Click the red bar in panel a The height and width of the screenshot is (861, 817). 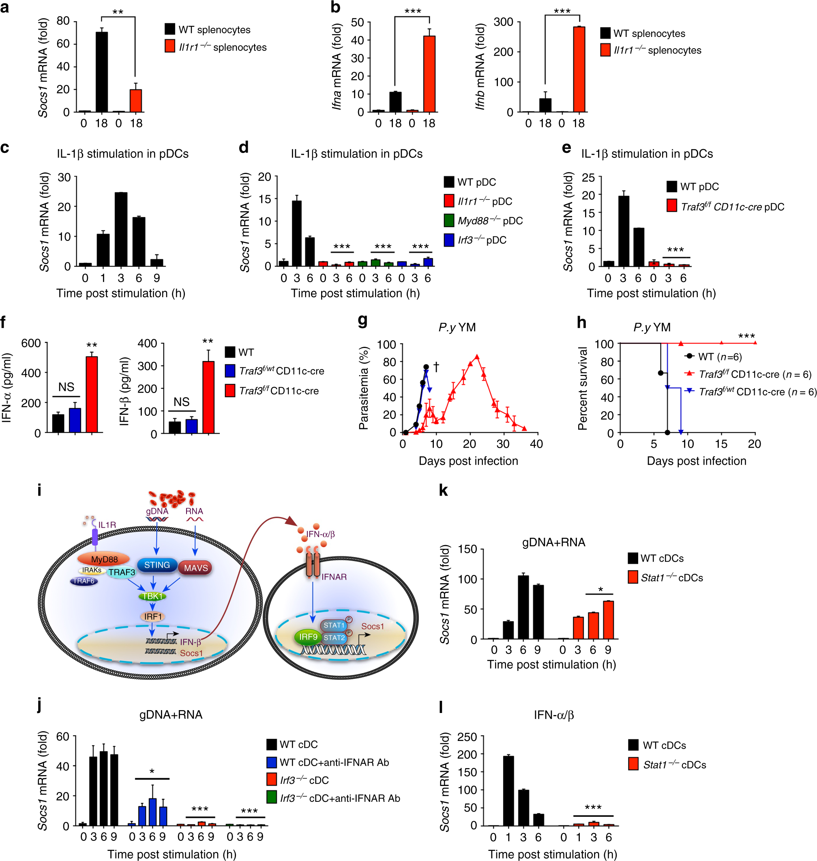135,101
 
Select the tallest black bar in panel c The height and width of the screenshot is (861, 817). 121,229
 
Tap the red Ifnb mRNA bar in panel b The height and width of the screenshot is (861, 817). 579,70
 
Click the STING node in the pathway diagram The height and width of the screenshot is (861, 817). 157,565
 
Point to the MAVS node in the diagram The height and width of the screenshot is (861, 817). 195,568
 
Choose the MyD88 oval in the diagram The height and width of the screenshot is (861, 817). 104,559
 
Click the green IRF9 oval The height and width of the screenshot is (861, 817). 308,637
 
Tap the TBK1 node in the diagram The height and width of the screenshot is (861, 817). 152,596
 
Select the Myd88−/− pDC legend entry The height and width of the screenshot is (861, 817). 483,221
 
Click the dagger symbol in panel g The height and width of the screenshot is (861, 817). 436,367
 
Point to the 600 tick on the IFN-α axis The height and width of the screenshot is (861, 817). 31,343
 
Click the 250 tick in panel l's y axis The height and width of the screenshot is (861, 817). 467,736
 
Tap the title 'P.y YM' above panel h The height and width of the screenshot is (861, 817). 652,327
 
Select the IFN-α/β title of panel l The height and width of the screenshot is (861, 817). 553,715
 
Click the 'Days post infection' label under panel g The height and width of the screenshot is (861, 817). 468,461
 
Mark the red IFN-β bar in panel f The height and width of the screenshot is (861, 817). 208,397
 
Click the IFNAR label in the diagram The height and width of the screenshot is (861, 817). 334,577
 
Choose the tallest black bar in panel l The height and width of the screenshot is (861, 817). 508,790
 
